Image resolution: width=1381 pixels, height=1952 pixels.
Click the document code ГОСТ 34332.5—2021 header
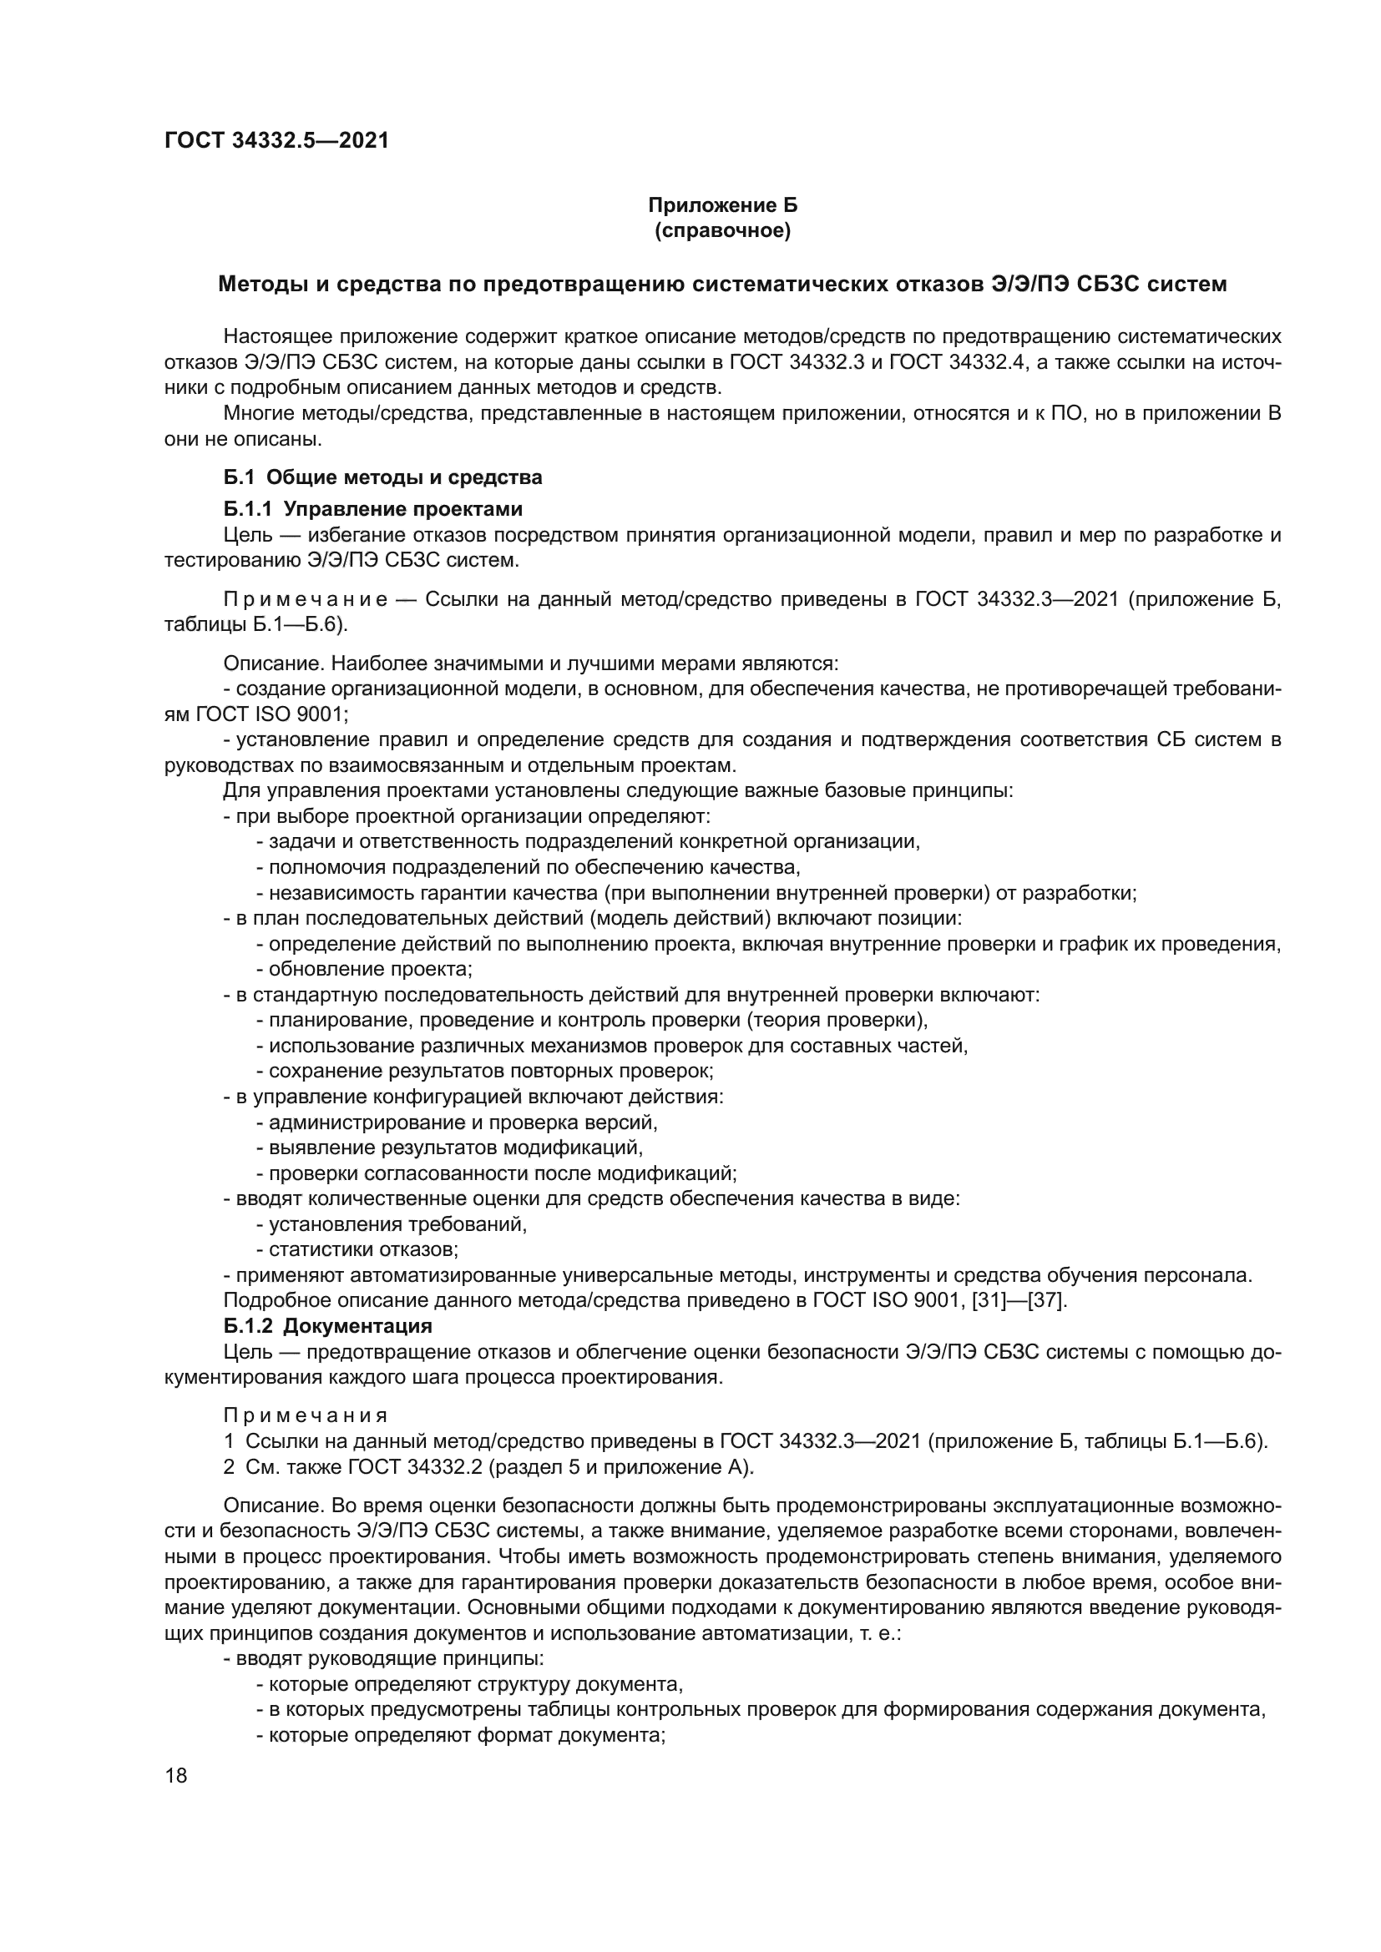click(x=276, y=140)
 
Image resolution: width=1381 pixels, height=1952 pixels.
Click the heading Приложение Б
click(x=722, y=205)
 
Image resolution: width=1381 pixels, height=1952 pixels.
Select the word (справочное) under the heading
click(x=722, y=230)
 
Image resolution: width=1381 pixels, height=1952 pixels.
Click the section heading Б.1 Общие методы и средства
click(x=382, y=477)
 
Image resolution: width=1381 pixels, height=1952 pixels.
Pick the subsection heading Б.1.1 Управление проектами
click(x=372, y=508)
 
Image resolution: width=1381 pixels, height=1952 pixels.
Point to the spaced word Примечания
click(x=306, y=1415)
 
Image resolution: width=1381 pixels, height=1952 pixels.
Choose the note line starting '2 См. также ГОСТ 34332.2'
click(x=489, y=1466)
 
